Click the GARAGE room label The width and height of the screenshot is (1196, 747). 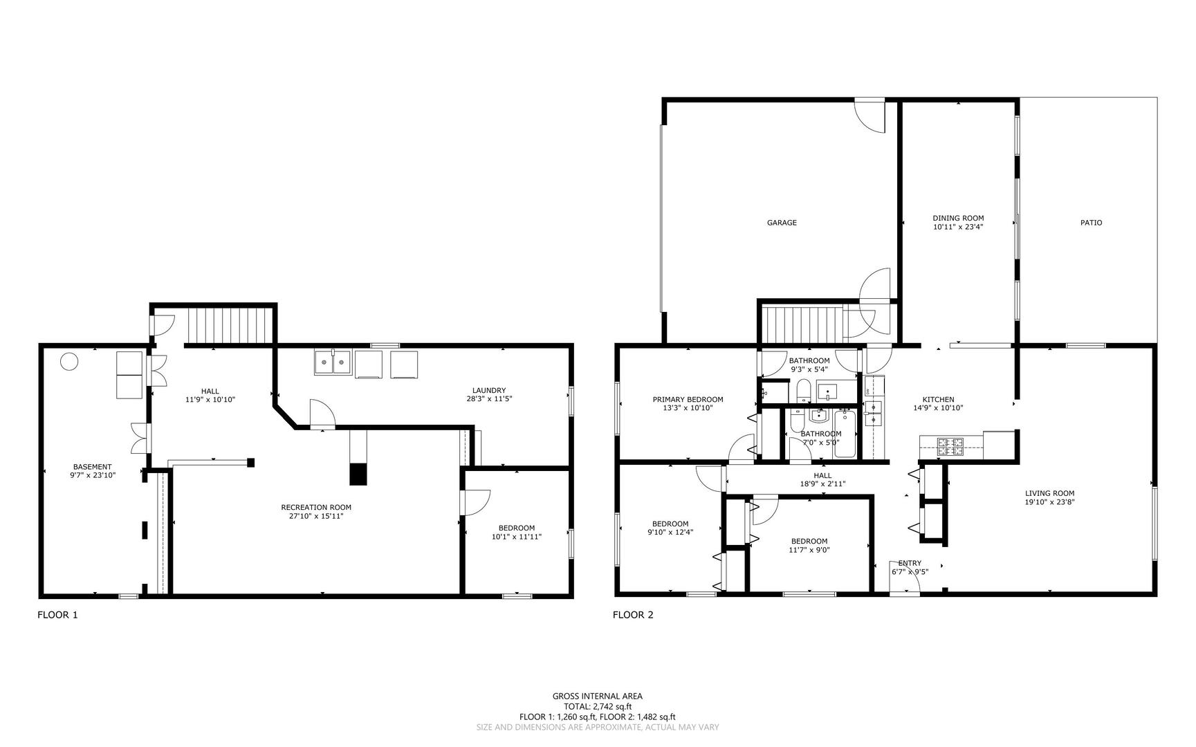(781, 223)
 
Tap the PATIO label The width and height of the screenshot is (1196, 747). (1091, 223)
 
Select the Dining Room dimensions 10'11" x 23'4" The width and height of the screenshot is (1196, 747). (958, 227)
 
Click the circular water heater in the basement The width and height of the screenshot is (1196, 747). (69, 361)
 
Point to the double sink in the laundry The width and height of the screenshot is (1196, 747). (333, 362)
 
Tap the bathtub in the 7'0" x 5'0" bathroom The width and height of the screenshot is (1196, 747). (845, 434)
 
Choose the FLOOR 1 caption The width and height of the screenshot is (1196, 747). (57, 615)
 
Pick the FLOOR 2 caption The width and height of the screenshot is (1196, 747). (633, 615)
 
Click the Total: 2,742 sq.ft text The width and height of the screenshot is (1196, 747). (597, 707)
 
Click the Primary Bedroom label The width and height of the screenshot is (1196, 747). (688, 399)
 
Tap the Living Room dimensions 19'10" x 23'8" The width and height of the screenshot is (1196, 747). (1049, 503)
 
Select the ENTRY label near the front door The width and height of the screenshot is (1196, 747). (909, 563)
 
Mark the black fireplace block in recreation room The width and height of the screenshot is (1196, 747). (358, 474)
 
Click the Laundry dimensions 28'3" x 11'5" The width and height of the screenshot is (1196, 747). (489, 399)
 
